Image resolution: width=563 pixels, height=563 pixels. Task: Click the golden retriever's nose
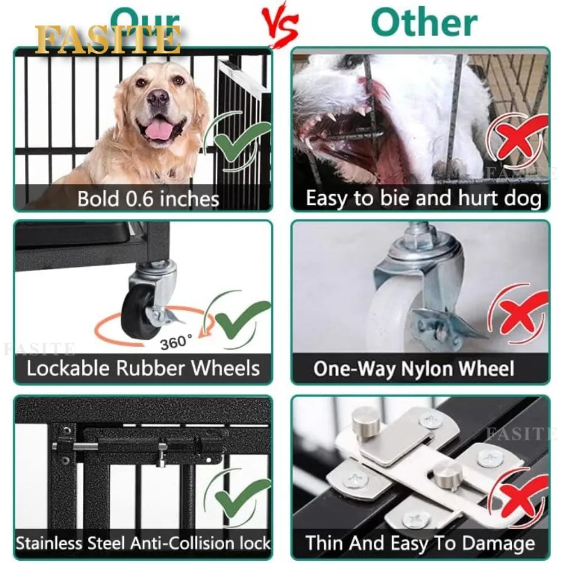[158, 99]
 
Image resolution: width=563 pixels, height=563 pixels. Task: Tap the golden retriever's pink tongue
[159, 131]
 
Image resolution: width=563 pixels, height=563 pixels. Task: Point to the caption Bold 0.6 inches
[148, 198]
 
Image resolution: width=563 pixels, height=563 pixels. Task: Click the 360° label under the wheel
[176, 342]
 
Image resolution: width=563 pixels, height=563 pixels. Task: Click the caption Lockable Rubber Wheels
[143, 369]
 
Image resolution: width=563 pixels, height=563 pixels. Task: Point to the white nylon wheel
[388, 315]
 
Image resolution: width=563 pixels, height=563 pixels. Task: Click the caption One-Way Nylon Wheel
[413, 369]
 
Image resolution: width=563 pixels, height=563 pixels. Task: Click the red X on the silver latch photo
[521, 495]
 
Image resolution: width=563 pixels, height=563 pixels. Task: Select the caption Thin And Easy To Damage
[420, 544]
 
